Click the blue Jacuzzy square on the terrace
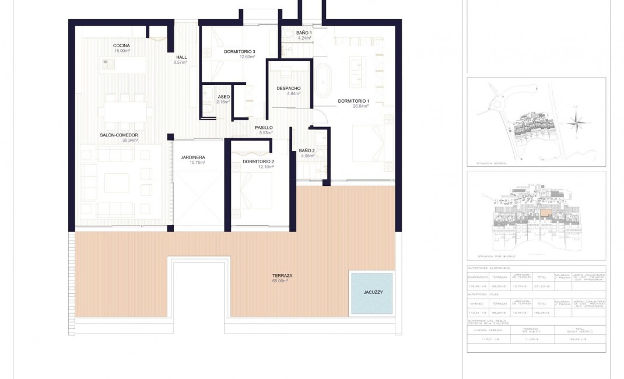(370, 293)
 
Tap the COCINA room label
(121, 45)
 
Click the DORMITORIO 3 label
(239, 52)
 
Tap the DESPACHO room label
(288, 88)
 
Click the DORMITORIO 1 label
(353, 101)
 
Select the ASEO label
(223, 97)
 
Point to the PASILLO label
(264, 128)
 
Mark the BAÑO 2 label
(307, 150)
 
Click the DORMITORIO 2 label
(258, 162)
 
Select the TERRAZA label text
(282, 275)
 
